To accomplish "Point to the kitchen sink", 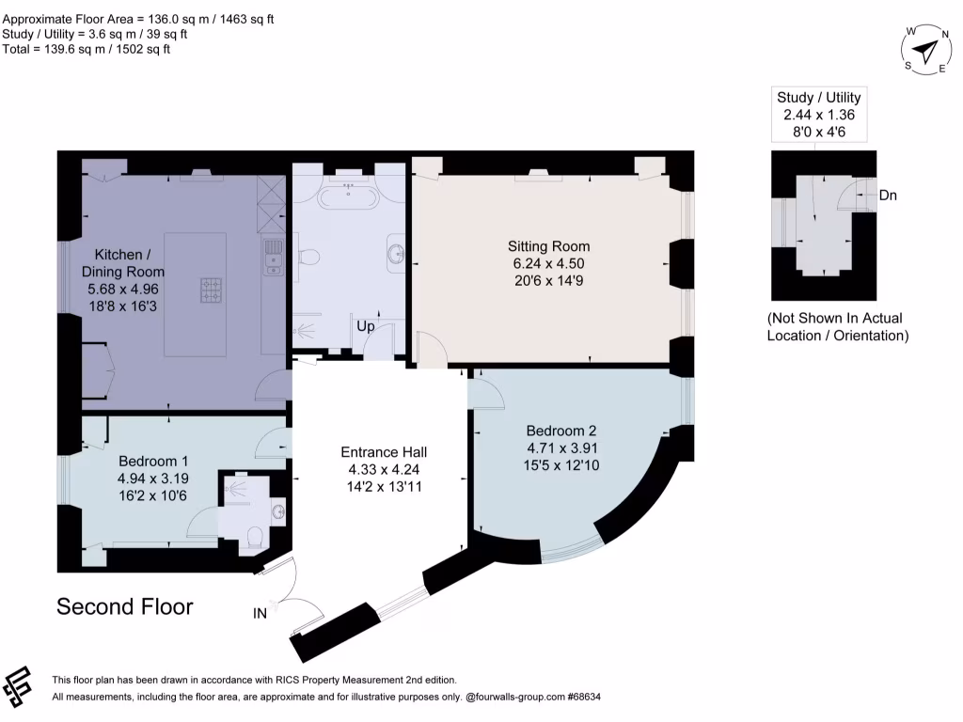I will pyautogui.click(x=273, y=257).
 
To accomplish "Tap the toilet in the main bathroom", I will pyautogui.click(x=308, y=256).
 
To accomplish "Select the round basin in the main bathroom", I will pyautogui.click(x=396, y=253).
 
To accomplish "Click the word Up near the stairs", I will pyautogui.click(x=366, y=326).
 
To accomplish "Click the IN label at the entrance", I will pyautogui.click(x=260, y=614).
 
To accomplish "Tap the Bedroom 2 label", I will pyautogui.click(x=562, y=431).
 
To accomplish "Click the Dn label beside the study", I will pyautogui.click(x=888, y=196).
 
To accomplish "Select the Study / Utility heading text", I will pyautogui.click(x=818, y=97).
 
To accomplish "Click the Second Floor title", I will pyautogui.click(x=125, y=606).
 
